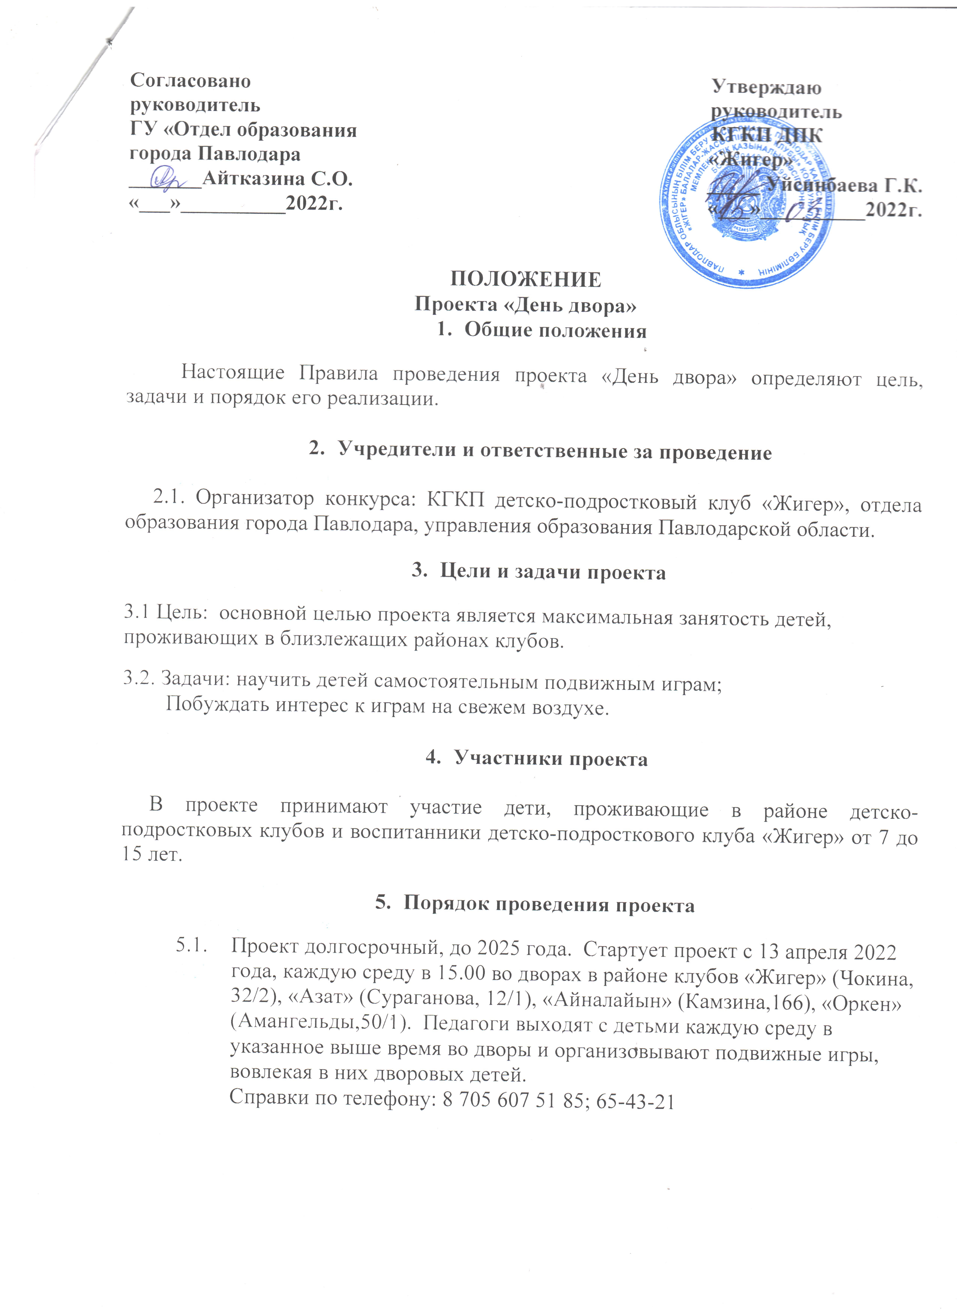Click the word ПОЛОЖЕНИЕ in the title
pyautogui.click(x=526, y=279)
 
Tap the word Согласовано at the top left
pyautogui.click(x=190, y=80)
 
